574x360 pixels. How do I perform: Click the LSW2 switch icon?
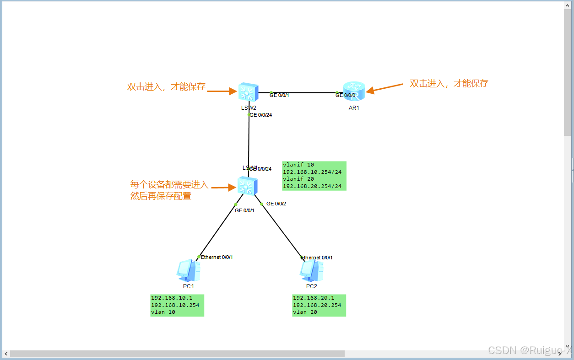point(248,93)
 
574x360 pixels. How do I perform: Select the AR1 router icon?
point(354,91)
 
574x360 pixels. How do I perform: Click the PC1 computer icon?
point(188,270)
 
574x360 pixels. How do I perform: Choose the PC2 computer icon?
point(311,270)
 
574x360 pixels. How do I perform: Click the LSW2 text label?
point(249,108)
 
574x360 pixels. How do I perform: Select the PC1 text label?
point(188,286)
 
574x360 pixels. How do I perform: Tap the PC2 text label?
point(311,286)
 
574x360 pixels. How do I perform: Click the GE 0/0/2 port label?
point(276,204)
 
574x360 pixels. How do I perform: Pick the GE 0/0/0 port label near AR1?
point(345,95)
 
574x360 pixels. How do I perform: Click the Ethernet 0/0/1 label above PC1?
point(217,257)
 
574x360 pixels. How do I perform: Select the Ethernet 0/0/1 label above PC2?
point(317,258)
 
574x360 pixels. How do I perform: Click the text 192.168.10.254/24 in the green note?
point(312,172)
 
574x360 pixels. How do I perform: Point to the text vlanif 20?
point(298,179)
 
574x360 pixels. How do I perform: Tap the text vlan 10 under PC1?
point(163,312)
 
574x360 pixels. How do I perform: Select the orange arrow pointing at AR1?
point(384,88)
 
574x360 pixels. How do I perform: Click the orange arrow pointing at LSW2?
point(222,91)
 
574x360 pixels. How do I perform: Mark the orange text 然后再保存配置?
point(161,196)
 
